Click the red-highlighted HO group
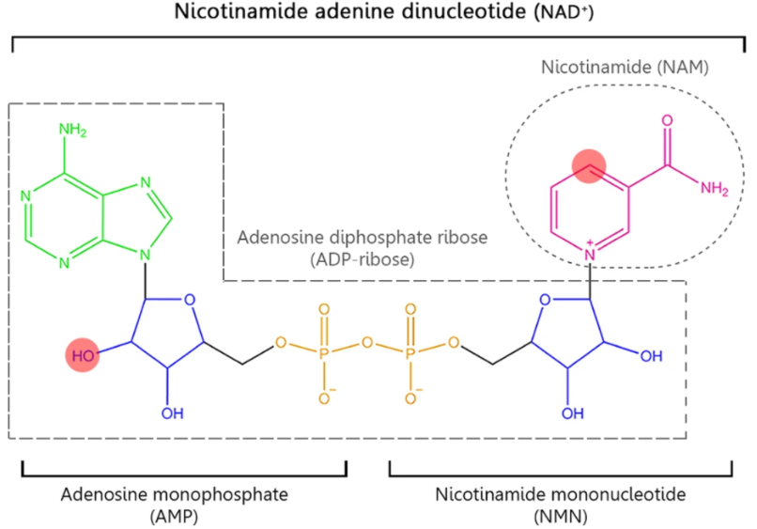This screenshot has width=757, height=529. [83, 357]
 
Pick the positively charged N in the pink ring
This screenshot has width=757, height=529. [591, 252]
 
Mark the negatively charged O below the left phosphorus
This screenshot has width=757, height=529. [324, 397]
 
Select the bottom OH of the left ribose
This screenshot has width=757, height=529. [167, 413]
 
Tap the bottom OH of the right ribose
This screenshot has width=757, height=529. [567, 413]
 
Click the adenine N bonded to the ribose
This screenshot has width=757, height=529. [142, 252]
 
